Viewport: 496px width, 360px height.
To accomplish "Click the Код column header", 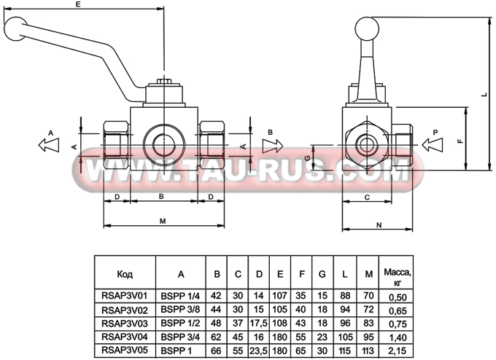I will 125,275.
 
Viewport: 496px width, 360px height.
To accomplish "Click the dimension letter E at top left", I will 78,5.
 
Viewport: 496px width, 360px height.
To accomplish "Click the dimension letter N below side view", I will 380,225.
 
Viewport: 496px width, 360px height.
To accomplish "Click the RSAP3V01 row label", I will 125,297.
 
